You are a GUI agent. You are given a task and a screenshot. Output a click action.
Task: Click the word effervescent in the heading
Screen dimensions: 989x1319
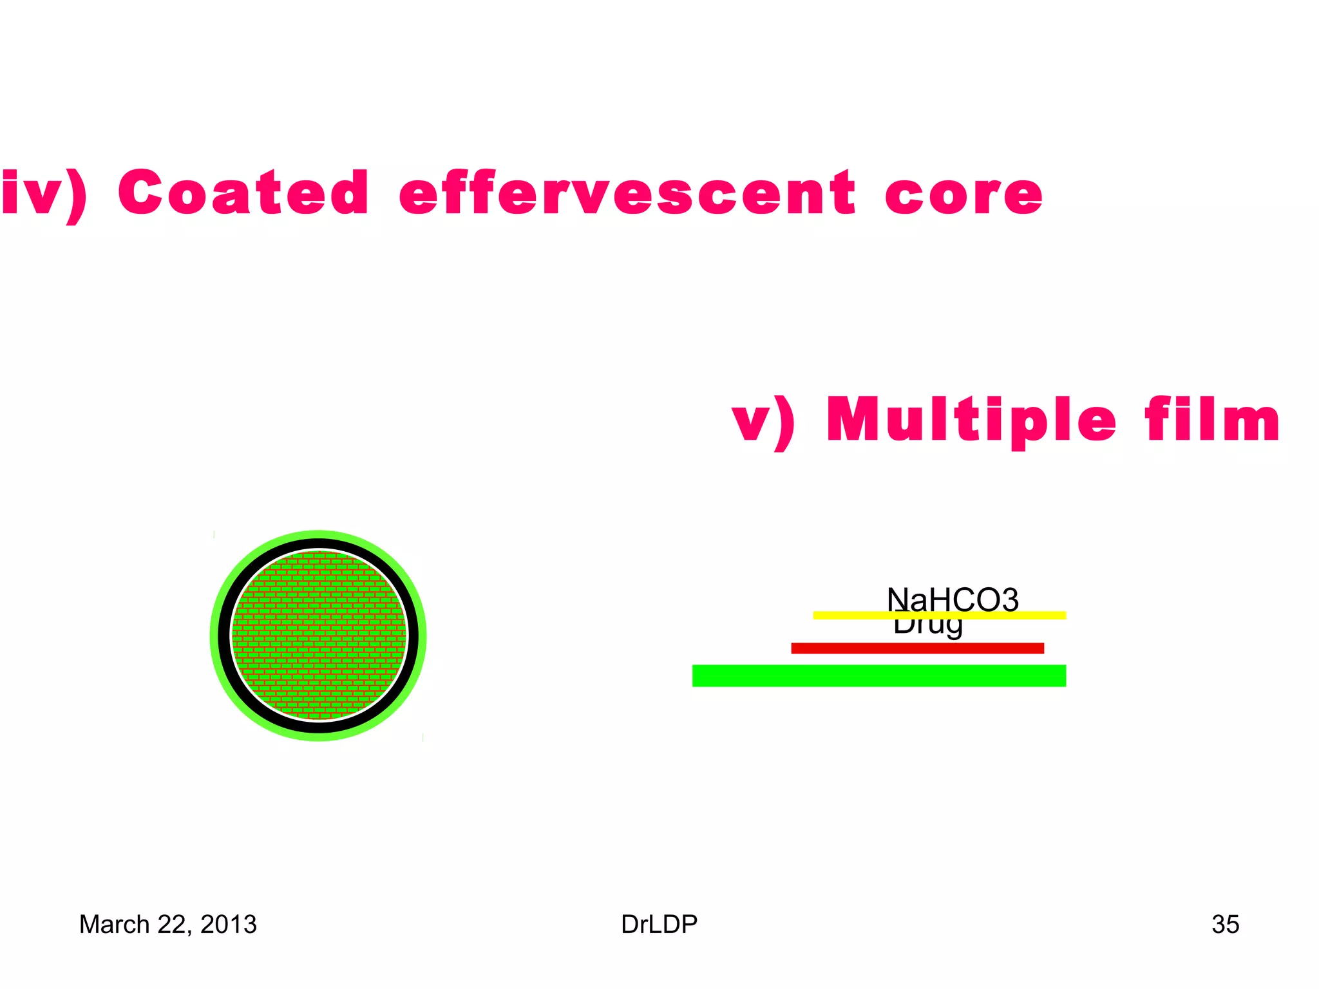pos(627,194)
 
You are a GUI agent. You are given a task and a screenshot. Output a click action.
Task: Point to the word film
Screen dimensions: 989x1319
pos(1211,420)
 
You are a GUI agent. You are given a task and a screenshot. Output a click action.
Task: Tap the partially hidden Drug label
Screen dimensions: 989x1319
pos(927,627)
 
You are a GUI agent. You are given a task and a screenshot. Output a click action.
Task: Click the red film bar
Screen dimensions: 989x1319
pos(916,648)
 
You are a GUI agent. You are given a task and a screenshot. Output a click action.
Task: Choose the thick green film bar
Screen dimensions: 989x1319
pos(878,675)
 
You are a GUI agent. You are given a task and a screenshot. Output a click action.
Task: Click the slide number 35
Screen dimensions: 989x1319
pos(1225,925)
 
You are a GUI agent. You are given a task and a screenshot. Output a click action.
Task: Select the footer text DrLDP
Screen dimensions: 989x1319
pos(659,925)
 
